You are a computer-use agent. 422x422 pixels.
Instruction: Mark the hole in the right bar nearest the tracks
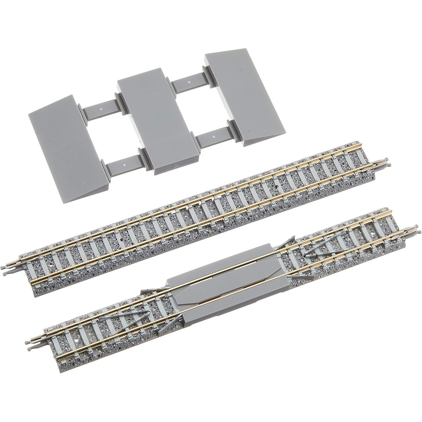213,135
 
